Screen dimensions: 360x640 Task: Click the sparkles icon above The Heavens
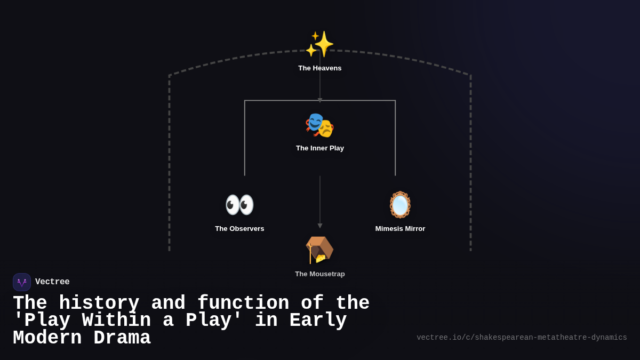[320, 44]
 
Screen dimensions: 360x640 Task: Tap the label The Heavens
[320, 68]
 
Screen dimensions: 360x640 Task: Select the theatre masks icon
[320, 125]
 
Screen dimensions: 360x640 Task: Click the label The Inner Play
[320, 148]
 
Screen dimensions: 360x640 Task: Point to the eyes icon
[239, 205]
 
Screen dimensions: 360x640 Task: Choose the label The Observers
[239, 229]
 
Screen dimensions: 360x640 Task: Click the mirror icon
[400, 205]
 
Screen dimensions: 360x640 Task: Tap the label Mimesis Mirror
[400, 229]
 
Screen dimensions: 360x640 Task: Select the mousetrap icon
[319, 250]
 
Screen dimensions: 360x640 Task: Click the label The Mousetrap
[320, 274]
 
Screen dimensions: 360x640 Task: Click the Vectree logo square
[22, 282]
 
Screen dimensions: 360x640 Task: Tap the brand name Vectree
[52, 282]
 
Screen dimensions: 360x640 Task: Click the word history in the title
[99, 303]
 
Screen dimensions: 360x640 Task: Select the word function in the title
[243, 303]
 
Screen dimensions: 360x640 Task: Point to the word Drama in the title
[122, 338]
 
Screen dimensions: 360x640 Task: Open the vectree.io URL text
[522, 338]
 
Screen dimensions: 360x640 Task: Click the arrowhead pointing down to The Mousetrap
[320, 226]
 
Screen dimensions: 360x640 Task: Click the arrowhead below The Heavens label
[320, 100]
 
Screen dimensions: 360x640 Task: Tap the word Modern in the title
[47, 338]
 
